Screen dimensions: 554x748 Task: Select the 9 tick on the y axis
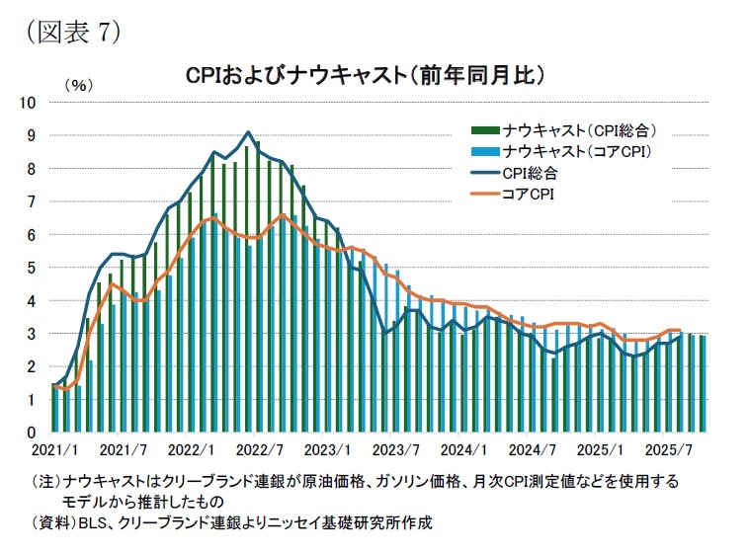(x=32, y=135)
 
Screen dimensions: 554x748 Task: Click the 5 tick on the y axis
(x=32, y=268)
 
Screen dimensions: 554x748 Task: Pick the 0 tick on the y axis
(x=32, y=434)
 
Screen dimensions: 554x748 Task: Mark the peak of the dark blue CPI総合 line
(x=248, y=132)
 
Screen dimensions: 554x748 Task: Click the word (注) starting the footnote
(x=45, y=482)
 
